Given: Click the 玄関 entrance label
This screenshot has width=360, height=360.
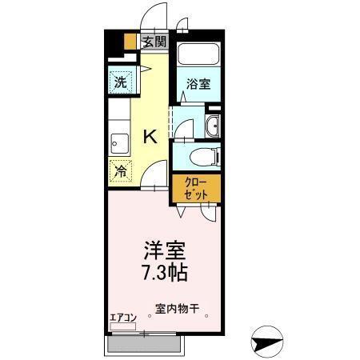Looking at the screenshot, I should [154, 42].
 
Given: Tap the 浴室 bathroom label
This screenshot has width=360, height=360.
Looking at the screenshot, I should [199, 83].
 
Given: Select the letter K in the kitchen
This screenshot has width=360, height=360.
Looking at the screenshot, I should [150, 137].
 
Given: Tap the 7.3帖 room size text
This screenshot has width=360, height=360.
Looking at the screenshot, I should [166, 273].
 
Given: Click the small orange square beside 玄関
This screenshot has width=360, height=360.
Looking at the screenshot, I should [131, 43].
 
